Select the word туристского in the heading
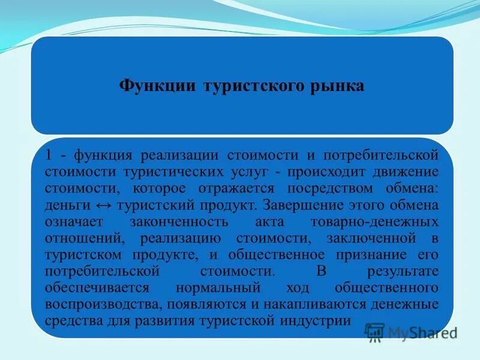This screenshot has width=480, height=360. point(251,85)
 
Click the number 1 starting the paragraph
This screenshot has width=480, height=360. point(49,155)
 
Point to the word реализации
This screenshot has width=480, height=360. point(181,155)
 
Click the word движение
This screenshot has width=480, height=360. point(406,172)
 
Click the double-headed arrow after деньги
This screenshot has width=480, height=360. point(104,205)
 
